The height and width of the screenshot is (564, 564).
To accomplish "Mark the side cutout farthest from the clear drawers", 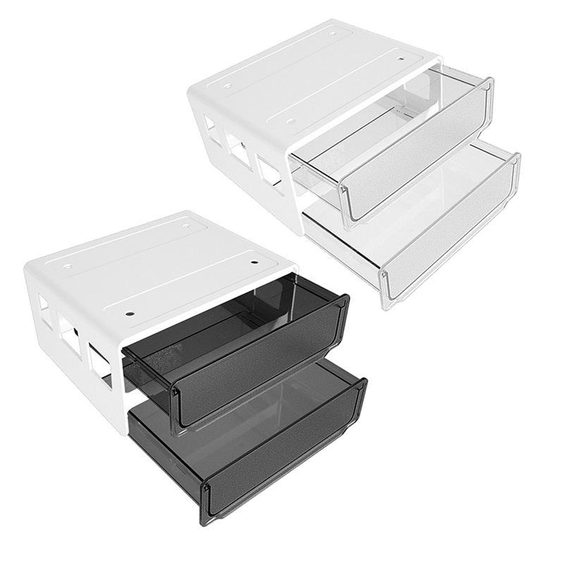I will tap(211, 130).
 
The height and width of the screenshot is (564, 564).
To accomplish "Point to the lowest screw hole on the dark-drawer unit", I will tap(131, 310).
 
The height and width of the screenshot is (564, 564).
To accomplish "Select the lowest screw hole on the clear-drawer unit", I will tap(290, 121).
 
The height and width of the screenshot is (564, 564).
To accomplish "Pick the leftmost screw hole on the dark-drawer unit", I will tap(67, 267).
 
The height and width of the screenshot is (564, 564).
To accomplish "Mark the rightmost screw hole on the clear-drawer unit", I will tap(401, 61).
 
